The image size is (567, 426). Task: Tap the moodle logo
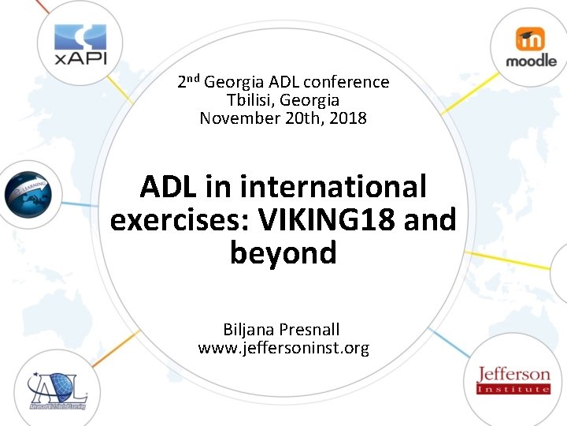pyautogui.click(x=531, y=47)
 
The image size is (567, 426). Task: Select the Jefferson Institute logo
pyautogui.click(x=513, y=379)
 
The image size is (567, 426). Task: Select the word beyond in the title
pyautogui.click(x=283, y=253)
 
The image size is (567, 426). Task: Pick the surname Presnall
pyautogui.click(x=313, y=330)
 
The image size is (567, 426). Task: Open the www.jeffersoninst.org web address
pyautogui.click(x=283, y=348)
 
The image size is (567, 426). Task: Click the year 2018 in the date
pyautogui.click(x=348, y=118)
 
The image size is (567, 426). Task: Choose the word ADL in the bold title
pyautogui.click(x=169, y=187)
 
